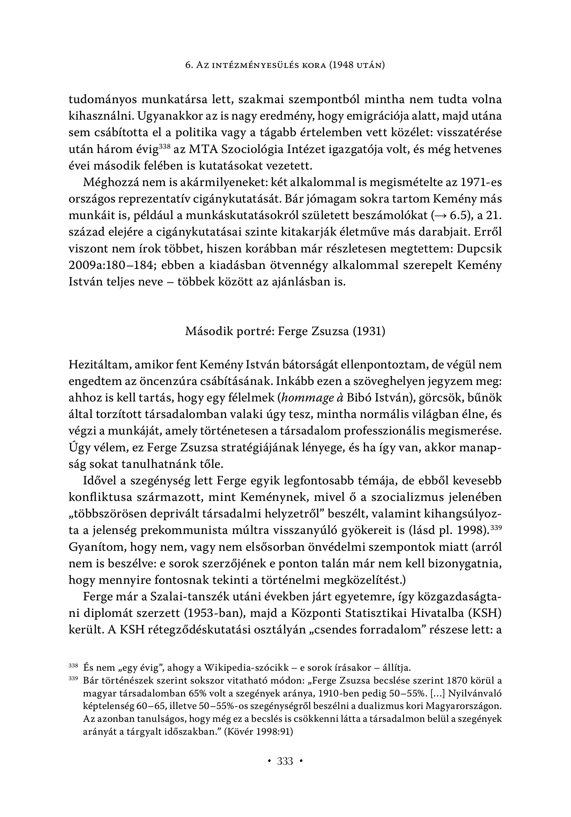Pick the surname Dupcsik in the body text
pos(479,249)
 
